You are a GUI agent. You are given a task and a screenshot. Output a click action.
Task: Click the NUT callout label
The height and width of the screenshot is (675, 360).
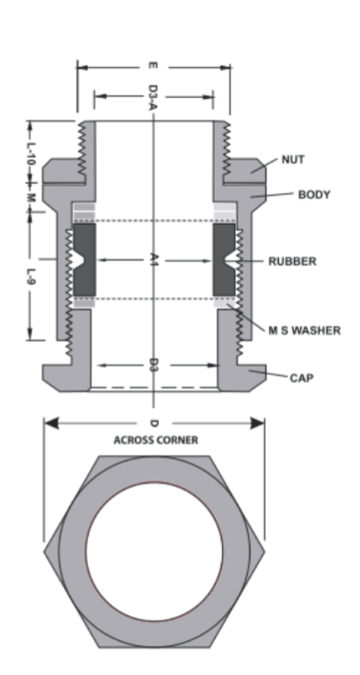point(293,160)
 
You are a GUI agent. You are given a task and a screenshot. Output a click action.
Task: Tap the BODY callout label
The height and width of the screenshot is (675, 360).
point(314,194)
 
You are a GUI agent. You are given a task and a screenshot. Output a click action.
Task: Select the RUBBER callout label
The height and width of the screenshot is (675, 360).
point(292,261)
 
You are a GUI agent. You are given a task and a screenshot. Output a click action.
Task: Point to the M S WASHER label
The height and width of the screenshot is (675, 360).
point(305,331)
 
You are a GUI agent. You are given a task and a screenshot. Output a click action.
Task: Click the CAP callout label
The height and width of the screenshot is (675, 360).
point(301,378)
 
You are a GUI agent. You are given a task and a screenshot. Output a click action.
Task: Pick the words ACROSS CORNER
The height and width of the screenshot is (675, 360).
point(156,440)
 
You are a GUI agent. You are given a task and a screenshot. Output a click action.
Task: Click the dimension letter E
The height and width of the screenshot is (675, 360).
point(152,66)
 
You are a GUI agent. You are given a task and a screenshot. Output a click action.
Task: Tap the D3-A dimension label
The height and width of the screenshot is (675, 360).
point(152,97)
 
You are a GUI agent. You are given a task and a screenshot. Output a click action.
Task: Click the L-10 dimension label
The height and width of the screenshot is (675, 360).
point(30,154)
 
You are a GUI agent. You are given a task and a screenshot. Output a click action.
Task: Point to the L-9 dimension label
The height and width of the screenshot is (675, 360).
point(30,277)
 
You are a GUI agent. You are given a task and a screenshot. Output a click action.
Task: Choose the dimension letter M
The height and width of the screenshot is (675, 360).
point(30,198)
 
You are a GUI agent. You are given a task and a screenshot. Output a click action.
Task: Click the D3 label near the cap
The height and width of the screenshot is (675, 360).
point(153,366)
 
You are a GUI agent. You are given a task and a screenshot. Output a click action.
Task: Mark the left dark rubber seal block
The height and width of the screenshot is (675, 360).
point(85,259)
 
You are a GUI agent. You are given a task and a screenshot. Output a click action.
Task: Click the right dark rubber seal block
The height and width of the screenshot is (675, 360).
point(224,259)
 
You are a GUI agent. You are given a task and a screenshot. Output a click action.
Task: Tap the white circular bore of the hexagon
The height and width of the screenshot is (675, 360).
point(154,551)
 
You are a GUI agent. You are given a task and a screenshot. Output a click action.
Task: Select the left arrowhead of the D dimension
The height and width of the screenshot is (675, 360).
point(51,424)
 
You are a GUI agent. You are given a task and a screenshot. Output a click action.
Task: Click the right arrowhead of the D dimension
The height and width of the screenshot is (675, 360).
point(258,424)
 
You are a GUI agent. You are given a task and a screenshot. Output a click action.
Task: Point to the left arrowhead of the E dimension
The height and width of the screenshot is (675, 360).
point(83,68)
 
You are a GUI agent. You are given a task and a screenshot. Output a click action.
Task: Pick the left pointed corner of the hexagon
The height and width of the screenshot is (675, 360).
point(45,551)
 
